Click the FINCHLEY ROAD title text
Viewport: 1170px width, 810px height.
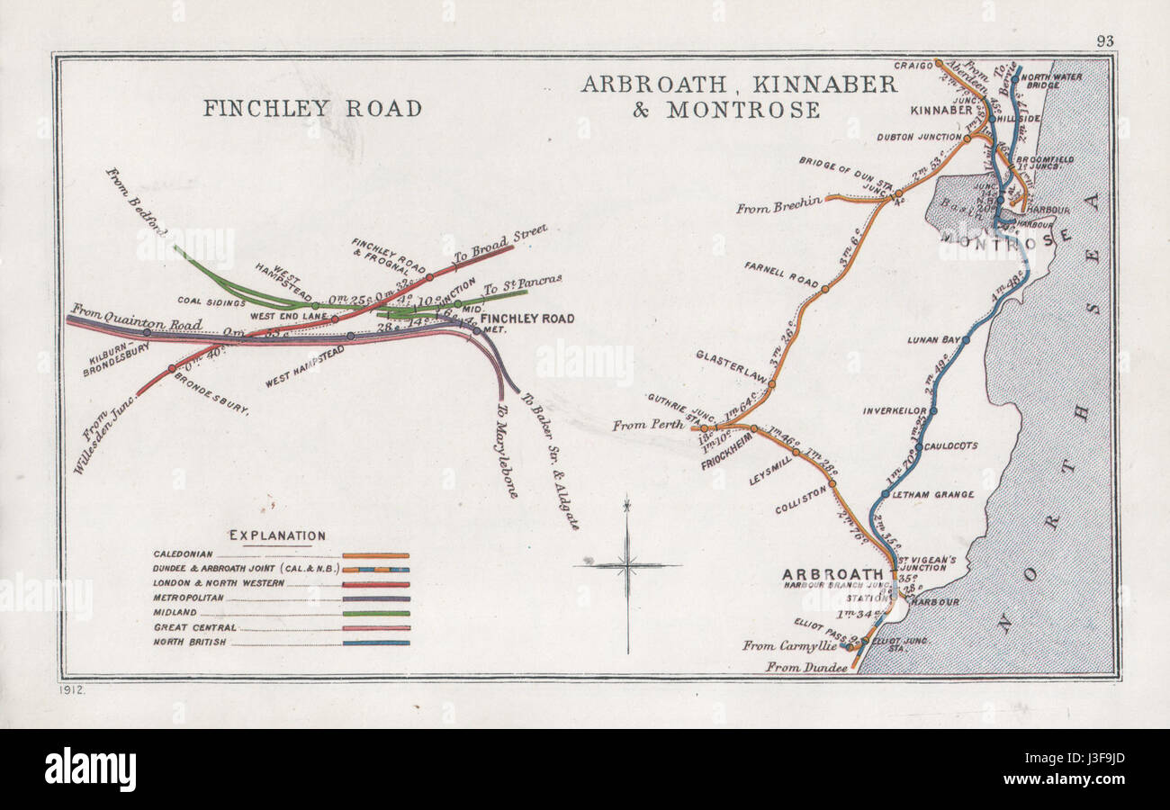click(x=312, y=109)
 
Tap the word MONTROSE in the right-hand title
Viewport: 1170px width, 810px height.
click(x=742, y=111)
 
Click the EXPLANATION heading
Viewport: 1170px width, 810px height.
click(x=277, y=535)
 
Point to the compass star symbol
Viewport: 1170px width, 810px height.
click(x=627, y=565)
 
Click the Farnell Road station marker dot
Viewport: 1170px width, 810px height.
click(x=824, y=289)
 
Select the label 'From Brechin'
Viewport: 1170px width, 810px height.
click(x=778, y=207)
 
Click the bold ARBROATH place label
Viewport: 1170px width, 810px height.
click(x=832, y=574)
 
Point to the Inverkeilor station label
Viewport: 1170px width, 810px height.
click(x=895, y=410)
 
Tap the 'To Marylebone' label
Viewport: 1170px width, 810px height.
click(x=507, y=450)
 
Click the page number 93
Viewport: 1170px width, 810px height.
click(x=1104, y=40)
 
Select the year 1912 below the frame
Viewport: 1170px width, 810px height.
click(x=73, y=689)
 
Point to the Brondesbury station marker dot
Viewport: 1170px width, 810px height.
click(x=171, y=368)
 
